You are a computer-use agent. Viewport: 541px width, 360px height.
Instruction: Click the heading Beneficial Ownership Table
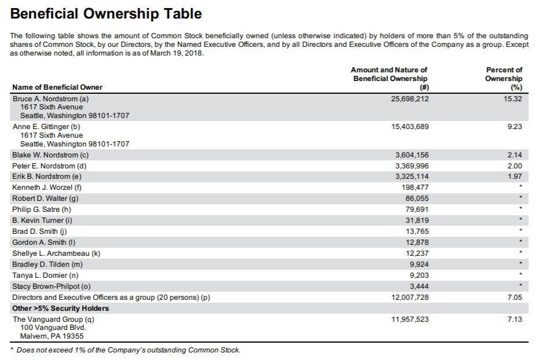pos(107,14)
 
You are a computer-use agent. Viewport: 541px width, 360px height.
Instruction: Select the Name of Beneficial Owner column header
pos(57,87)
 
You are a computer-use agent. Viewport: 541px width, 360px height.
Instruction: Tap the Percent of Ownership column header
pos(504,78)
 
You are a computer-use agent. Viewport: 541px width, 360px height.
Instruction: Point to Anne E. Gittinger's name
pos(46,126)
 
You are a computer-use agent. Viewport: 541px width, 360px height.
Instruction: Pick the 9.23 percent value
pos(514,126)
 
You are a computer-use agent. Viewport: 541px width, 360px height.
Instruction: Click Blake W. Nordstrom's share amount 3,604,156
pos(412,155)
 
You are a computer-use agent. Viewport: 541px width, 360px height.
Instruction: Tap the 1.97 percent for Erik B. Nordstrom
pos(514,177)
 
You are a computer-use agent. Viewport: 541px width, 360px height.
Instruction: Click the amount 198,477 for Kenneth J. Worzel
pos(415,188)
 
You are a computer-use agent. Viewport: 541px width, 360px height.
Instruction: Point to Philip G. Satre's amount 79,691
pos(417,210)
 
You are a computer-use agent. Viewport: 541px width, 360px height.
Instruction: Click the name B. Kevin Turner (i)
pos(42,221)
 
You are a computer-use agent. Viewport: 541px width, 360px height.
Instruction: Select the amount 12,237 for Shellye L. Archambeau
pos(417,253)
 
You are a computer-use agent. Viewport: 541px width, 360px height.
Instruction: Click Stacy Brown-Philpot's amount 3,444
pos(419,286)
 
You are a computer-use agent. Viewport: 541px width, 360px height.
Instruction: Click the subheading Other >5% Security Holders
pos(61,308)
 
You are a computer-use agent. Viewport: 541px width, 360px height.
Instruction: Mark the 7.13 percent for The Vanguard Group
pos(514,319)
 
